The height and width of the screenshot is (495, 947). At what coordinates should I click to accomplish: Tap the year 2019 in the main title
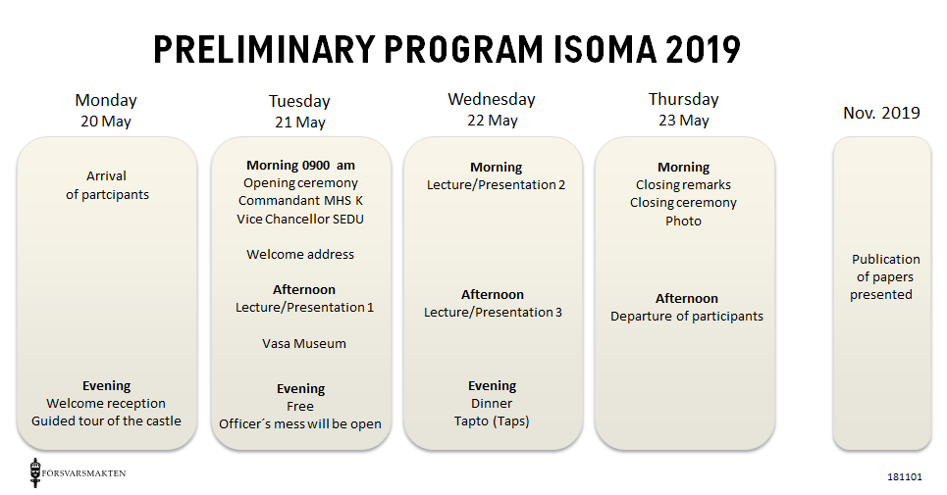click(703, 49)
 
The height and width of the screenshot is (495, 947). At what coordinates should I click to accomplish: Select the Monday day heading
click(106, 101)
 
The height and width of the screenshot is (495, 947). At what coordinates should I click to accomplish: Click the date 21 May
click(300, 123)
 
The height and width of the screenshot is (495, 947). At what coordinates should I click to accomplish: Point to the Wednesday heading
click(492, 99)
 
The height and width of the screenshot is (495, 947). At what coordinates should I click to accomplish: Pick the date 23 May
click(684, 121)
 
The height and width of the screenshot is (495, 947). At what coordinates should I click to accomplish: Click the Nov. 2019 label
click(881, 113)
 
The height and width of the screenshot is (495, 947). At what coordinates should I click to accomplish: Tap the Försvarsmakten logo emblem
click(35, 472)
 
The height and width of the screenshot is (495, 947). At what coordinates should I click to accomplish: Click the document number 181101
click(905, 477)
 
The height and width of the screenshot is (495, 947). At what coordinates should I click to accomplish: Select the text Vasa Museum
click(304, 344)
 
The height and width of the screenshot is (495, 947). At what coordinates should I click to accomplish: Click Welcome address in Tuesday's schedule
click(300, 255)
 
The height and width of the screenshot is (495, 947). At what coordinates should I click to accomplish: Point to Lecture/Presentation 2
click(496, 185)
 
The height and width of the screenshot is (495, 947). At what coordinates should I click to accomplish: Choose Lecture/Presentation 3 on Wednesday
click(493, 313)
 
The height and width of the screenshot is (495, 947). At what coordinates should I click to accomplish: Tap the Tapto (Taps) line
click(492, 421)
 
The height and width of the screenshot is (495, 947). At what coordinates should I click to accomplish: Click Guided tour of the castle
click(106, 421)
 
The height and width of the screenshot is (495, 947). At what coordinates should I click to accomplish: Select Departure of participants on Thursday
click(687, 317)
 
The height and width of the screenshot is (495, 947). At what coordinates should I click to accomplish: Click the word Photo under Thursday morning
click(684, 222)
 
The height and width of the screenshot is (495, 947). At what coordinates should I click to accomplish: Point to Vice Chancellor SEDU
click(300, 219)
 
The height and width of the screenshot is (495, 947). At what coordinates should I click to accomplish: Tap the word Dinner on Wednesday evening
click(492, 404)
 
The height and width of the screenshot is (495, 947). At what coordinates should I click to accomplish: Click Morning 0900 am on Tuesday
click(300, 166)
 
